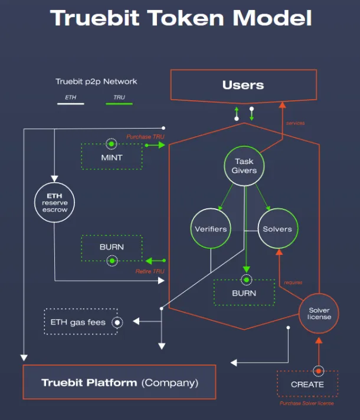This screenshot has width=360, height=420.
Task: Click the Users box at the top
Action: coord(243,86)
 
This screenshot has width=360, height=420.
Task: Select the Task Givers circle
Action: coord(245,166)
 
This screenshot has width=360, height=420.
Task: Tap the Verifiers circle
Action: coord(211,228)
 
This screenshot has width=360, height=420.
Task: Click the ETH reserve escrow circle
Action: coord(54,202)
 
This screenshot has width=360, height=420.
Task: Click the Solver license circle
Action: coord(319,313)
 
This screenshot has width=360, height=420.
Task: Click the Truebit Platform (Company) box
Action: coord(119,382)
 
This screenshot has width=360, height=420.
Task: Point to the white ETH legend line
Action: coord(70,104)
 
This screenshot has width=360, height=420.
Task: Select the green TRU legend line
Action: coord(119,104)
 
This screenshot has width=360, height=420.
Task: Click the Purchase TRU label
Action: coord(145,137)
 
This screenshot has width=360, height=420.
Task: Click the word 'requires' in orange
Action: coord(293,283)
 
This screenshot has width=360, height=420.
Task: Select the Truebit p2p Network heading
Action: coord(96,81)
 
